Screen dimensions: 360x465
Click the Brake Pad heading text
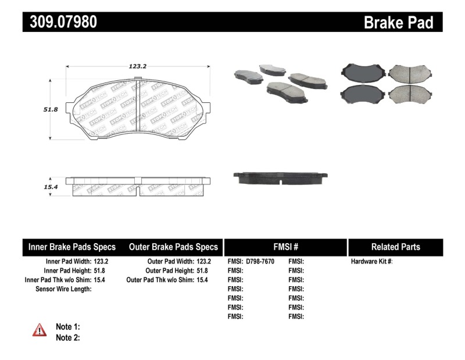[x=398, y=23]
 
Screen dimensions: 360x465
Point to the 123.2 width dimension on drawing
[x=137, y=66]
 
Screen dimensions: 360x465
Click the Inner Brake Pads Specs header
[x=72, y=247]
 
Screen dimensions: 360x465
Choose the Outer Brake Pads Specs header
[x=173, y=247]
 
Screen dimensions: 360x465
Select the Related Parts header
[x=395, y=247]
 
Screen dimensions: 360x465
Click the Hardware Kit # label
[x=371, y=262]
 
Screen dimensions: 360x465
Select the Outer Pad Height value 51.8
[x=203, y=270]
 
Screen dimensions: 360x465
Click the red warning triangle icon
[x=40, y=330]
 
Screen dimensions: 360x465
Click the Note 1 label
[x=67, y=327]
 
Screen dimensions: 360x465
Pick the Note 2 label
[x=67, y=337]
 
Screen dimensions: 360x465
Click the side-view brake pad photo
[x=280, y=177]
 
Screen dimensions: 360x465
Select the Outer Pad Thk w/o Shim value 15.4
[x=203, y=280]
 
